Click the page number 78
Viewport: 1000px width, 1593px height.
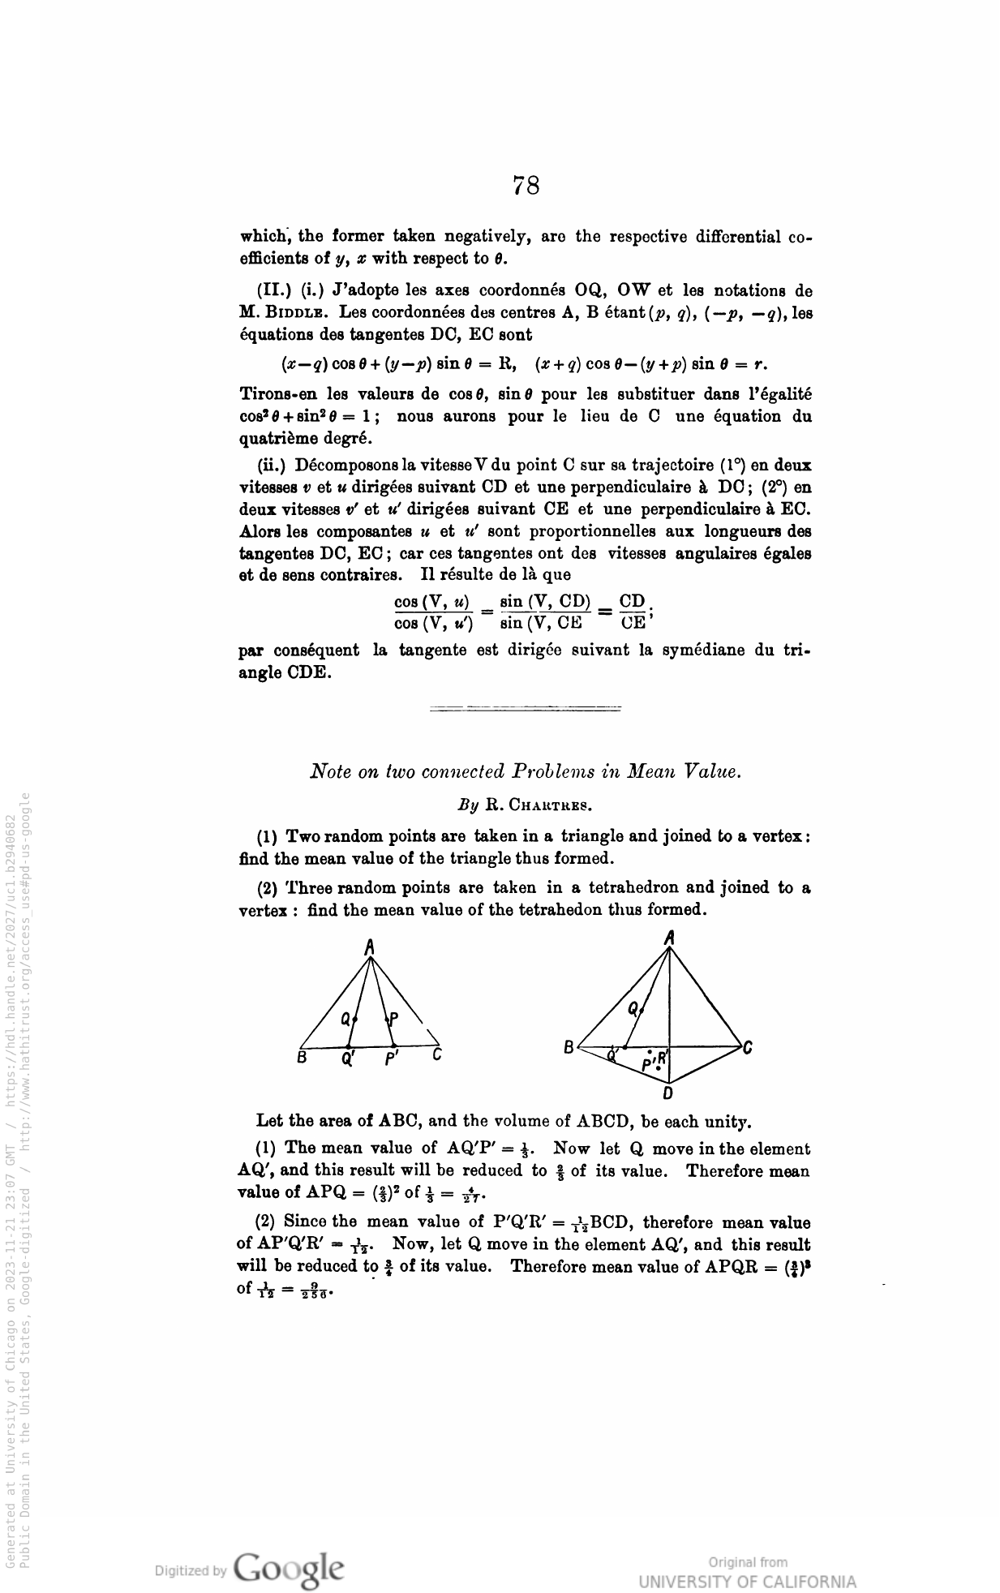tap(526, 186)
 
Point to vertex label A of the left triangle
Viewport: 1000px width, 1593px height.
tap(369, 946)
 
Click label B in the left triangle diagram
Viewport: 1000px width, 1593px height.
tap(301, 1058)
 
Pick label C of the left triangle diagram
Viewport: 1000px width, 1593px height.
tap(437, 1056)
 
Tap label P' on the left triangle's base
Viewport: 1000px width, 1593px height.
tap(392, 1059)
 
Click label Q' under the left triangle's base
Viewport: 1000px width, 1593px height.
tap(348, 1059)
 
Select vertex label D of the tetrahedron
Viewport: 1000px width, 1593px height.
tap(667, 1093)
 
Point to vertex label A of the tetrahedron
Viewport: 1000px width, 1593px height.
tap(669, 938)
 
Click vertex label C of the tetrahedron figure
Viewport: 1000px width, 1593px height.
tap(747, 1048)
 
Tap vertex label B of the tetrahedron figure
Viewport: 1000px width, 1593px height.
tap(569, 1047)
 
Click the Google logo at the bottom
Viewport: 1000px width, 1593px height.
tap(288, 1569)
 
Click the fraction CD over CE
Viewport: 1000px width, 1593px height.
tap(633, 612)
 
